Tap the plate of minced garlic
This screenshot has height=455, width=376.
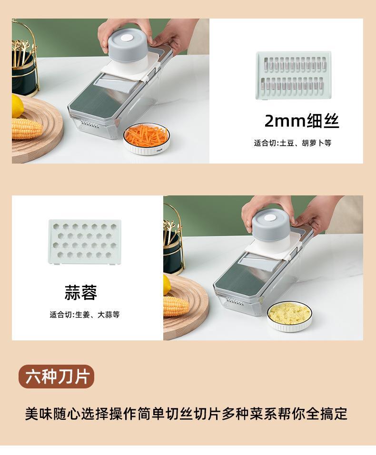tap(289, 315)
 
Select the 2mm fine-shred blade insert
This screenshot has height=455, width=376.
tap(294, 75)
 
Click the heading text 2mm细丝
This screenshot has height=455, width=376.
tap(301, 121)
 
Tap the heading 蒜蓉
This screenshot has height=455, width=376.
tap(81, 292)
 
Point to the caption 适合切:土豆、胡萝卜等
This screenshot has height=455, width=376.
tap(292, 143)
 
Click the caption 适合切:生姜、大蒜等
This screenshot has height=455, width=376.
tap(84, 314)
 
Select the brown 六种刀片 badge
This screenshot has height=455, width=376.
tap(57, 377)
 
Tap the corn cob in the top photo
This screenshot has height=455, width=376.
tap(27, 128)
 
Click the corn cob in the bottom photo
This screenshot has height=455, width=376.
tap(177, 305)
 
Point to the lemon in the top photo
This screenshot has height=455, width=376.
tap(17, 106)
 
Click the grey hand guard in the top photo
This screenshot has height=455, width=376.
tap(127, 45)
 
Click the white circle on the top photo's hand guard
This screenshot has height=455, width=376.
tap(127, 38)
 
